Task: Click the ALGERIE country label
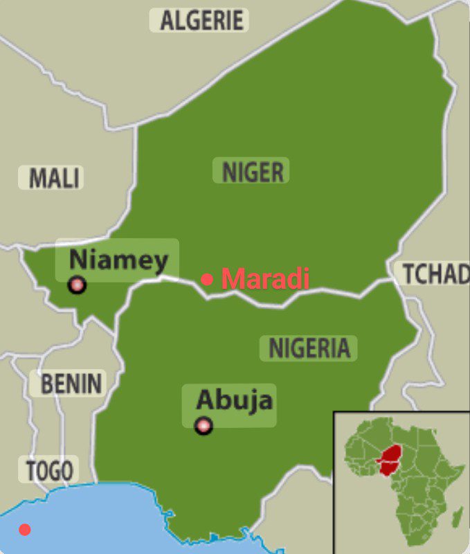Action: [x=202, y=20]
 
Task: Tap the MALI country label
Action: [x=54, y=178]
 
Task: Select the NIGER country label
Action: [x=252, y=171]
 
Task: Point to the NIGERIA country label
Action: [x=309, y=348]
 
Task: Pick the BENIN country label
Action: [x=71, y=383]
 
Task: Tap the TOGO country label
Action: [x=48, y=471]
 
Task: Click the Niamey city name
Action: [x=118, y=260]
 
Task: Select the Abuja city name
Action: [x=234, y=400]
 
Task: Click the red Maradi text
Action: [x=265, y=279]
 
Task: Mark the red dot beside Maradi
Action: [x=207, y=279]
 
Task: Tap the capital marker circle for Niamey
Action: [x=77, y=285]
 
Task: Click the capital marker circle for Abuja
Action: [x=203, y=425]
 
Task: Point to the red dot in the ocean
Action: [x=25, y=530]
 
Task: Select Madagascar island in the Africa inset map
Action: [x=456, y=517]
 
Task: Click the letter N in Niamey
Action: [x=78, y=260]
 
